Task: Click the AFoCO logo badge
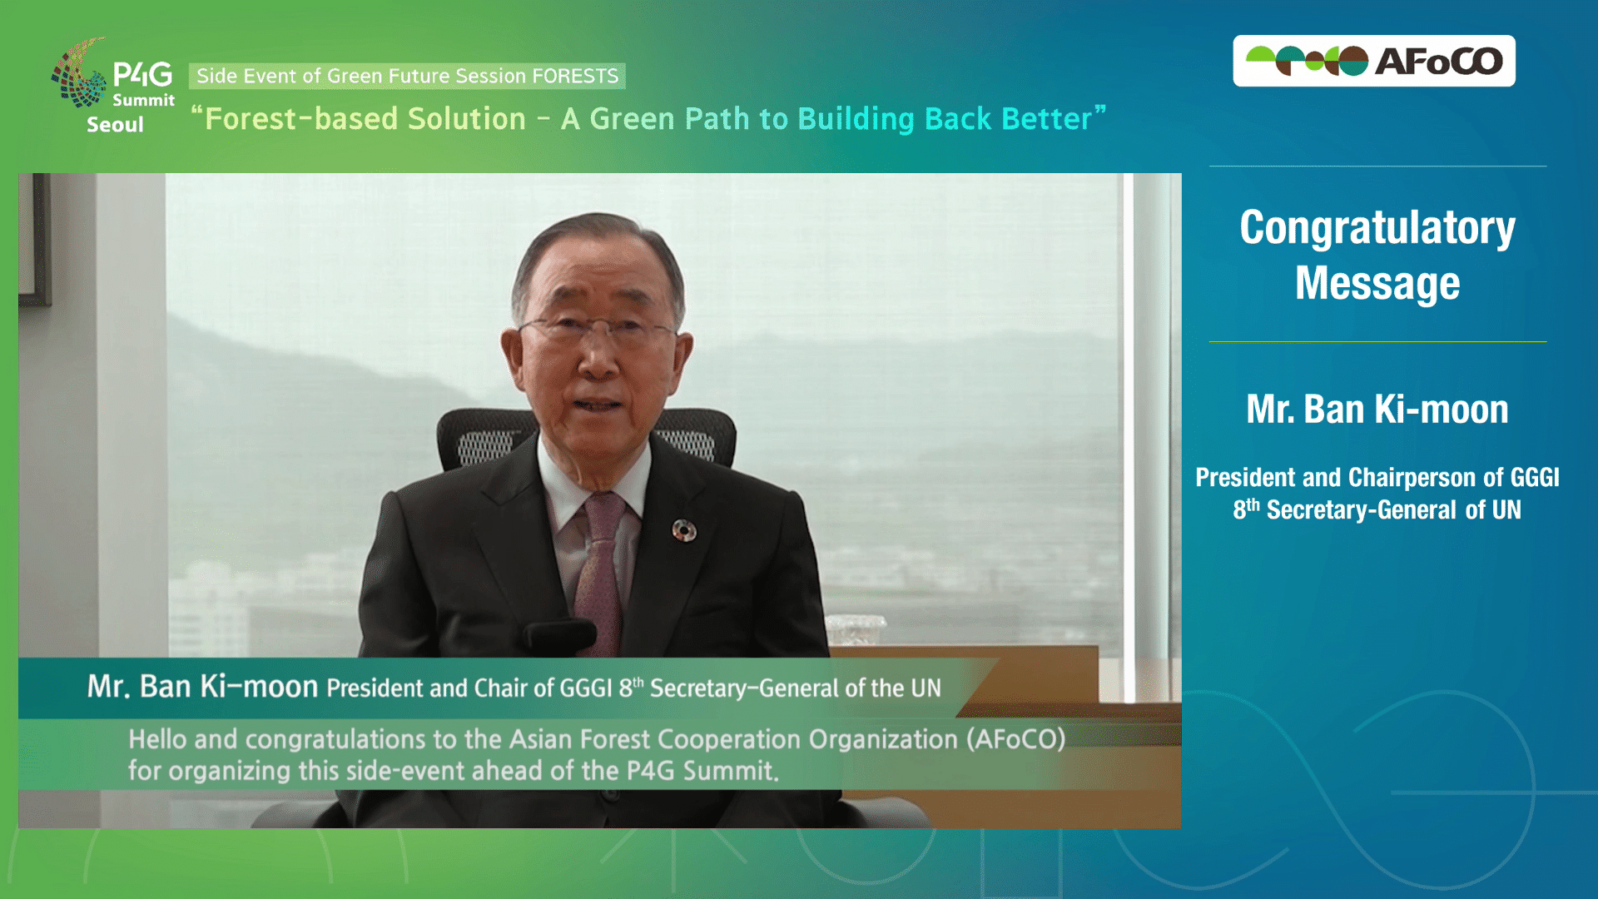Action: click(1373, 61)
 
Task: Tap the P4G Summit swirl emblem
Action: click(79, 72)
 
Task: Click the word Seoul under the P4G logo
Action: click(115, 125)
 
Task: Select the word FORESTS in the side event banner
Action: click(575, 76)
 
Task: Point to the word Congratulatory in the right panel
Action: click(1377, 228)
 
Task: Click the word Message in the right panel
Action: click(1377, 283)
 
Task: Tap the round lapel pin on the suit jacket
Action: click(684, 530)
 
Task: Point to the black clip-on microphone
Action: click(559, 634)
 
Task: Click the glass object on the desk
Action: click(856, 629)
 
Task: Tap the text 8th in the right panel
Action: click(1247, 509)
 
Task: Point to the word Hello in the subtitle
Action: click(158, 739)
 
